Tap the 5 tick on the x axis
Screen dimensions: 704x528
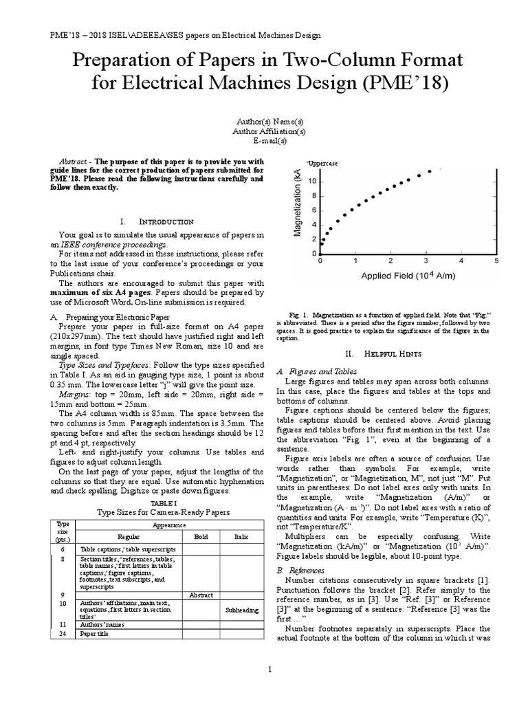(496, 261)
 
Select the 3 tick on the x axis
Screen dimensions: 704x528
(426, 261)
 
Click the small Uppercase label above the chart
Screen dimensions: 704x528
(322, 163)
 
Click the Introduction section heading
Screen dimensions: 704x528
(156, 222)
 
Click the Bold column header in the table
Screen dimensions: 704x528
(201, 536)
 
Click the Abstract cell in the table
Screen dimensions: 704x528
(201, 595)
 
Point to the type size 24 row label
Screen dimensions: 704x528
(63, 634)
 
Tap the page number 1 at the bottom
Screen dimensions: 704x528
(269, 669)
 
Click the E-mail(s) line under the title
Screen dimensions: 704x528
(269, 140)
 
